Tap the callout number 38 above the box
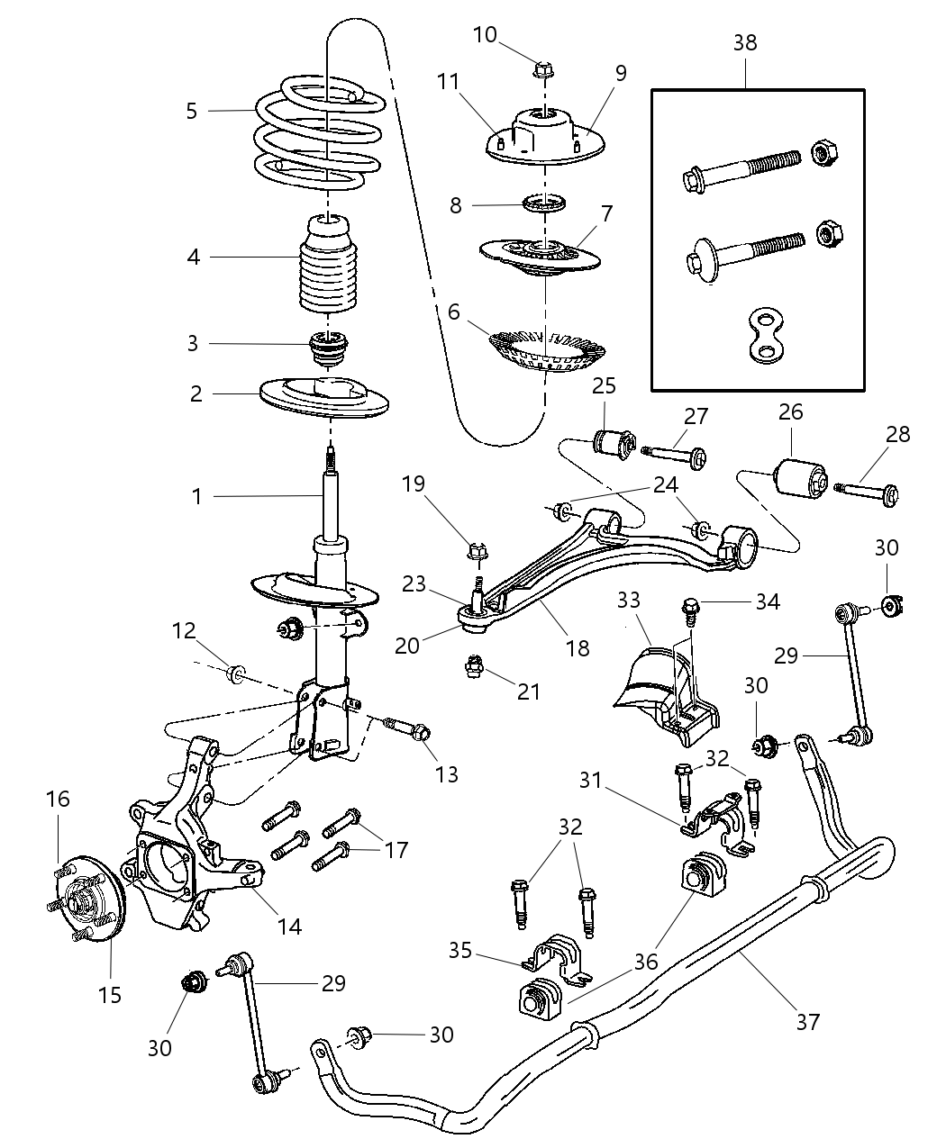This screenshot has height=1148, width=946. pyautogui.click(x=745, y=42)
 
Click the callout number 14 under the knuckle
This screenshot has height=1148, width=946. pyautogui.click(x=289, y=925)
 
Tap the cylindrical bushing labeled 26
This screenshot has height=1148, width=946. pyautogui.click(x=800, y=477)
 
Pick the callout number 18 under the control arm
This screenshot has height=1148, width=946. pyautogui.click(x=578, y=646)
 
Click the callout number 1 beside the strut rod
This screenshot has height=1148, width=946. pyautogui.click(x=196, y=495)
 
